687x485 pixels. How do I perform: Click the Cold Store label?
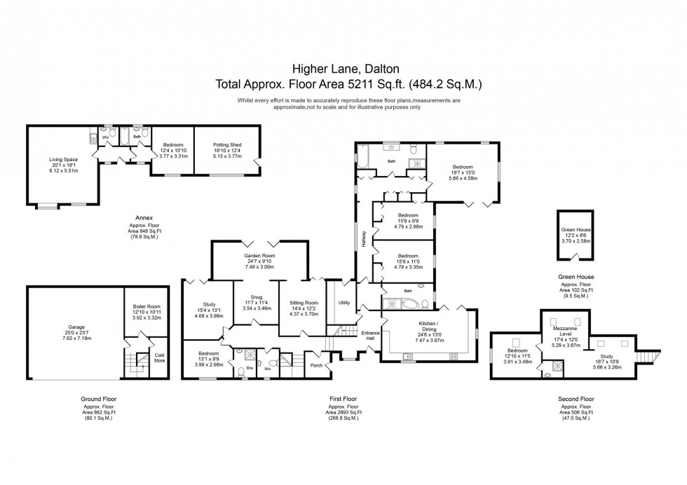tap(159, 357)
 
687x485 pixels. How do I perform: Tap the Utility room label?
tap(343, 303)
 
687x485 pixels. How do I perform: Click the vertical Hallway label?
tap(363, 238)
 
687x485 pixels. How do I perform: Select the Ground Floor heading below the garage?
tap(99, 399)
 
